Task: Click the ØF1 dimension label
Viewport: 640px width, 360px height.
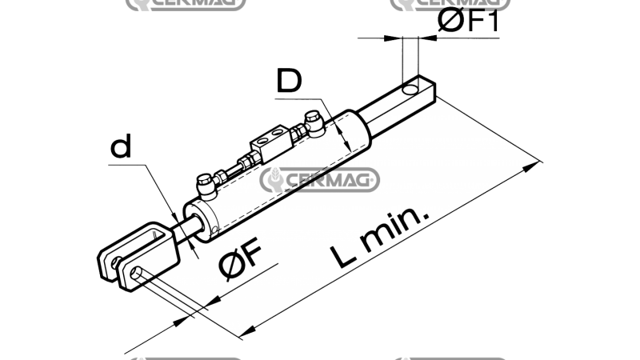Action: pos(468,20)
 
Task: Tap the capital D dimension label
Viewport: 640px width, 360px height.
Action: pos(289,81)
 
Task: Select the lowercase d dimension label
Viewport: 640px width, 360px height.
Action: pos(122,146)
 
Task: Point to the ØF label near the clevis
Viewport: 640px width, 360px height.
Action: pos(240,258)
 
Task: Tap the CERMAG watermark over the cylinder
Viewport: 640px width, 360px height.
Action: pos(319,179)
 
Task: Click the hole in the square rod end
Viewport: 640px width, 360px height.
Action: pos(410,90)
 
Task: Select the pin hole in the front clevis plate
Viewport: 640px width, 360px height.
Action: pos(136,272)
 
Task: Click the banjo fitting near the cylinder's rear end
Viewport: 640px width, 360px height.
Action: pos(314,122)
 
